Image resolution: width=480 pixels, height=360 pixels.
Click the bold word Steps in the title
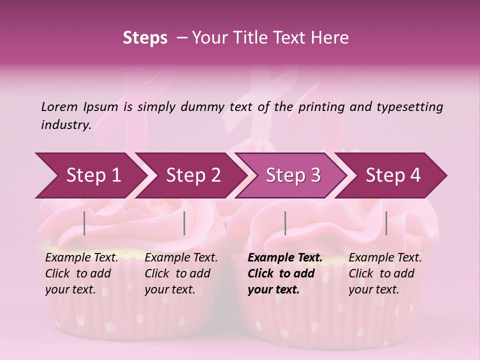click(145, 38)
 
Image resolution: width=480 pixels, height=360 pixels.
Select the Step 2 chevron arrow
click(193, 175)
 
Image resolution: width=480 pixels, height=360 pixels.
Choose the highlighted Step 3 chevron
click(293, 175)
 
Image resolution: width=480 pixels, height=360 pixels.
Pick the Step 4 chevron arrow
click(393, 175)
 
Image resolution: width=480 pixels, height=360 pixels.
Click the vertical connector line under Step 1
click(84, 223)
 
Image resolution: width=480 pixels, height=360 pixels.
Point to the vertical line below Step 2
click(184, 223)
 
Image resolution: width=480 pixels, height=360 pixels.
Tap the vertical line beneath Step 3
click(285, 223)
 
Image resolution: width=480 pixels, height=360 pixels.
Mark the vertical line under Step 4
click(386, 223)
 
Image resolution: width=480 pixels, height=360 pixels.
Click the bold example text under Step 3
click(285, 273)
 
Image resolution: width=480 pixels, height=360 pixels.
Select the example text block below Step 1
click(81, 273)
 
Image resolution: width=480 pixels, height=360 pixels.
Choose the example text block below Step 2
click(181, 273)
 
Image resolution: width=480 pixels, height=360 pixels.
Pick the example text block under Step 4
click(385, 273)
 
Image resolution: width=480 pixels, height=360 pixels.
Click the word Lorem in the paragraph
click(59, 106)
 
